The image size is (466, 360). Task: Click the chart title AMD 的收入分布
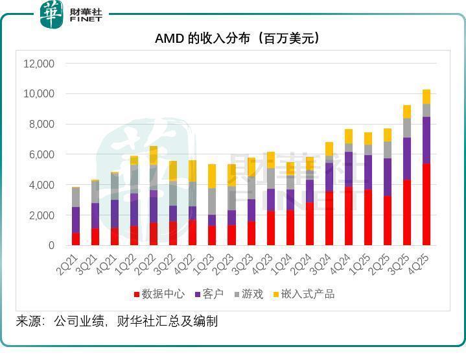coord(237,38)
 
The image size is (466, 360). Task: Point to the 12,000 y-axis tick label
coord(39,64)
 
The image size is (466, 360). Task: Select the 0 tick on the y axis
coord(51,246)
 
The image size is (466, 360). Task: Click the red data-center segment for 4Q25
coord(426,204)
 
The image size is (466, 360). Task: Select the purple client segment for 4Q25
coord(426,140)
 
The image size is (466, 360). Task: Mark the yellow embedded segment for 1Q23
coord(212,176)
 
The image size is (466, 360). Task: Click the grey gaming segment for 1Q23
coord(212,201)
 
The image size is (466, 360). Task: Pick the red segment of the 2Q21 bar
coord(76,239)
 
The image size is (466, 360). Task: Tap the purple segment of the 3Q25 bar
coord(407,159)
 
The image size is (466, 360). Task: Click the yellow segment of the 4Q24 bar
coord(349,136)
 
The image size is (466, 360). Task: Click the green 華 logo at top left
coord(52,14)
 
